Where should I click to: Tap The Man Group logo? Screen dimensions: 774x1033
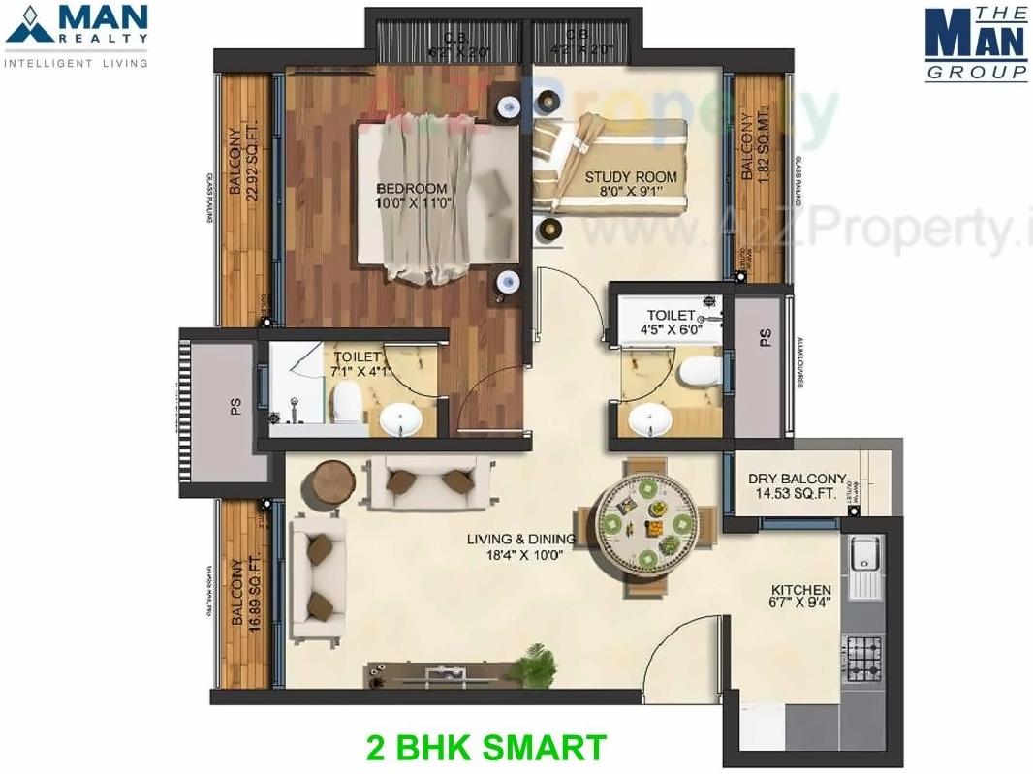coord(976,44)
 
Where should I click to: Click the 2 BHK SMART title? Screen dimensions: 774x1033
coord(486,748)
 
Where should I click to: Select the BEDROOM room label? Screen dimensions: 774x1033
coord(412,189)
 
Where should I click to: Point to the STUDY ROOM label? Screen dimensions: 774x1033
coord(631,177)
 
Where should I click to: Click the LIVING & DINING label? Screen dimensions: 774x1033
coord(520,540)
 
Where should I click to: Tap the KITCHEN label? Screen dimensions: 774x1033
coord(800,590)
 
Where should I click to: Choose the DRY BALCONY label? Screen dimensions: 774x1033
coord(798,480)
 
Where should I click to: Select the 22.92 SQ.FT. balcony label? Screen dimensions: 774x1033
coord(245,155)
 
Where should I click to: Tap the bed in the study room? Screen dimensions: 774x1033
coord(609,166)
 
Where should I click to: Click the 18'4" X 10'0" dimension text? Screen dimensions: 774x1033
coord(520,555)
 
